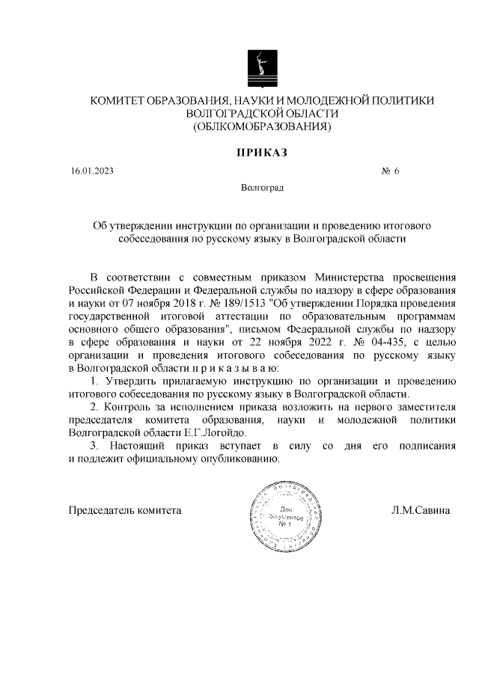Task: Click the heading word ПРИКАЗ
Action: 262,153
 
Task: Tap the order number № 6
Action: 391,171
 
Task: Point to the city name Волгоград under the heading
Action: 262,188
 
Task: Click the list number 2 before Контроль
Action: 94,407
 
